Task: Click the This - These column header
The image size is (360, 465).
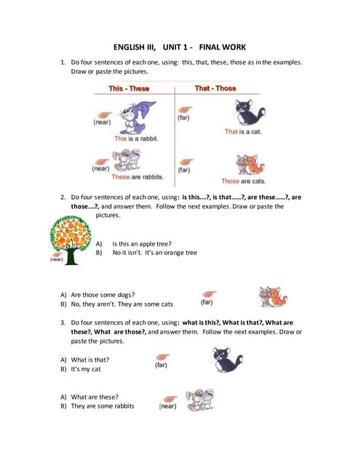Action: pyautogui.click(x=129, y=89)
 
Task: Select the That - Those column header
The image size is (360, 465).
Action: pyautogui.click(x=215, y=89)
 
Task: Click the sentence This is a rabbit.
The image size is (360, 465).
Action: pyautogui.click(x=136, y=138)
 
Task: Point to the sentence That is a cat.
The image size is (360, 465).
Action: pyautogui.click(x=243, y=132)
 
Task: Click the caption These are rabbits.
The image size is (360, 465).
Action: pyautogui.click(x=137, y=177)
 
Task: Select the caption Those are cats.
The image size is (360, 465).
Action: pyautogui.click(x=243, y=181)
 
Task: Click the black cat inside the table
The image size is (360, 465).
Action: pyautogui.click(x=249, y=113)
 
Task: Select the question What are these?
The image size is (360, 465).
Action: pyautogui.click(x=95, y=396)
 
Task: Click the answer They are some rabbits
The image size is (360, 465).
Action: pyautogui.click(x=102, y=406)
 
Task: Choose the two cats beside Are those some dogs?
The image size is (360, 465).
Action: pyautogui.click(x=273, y=296)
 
